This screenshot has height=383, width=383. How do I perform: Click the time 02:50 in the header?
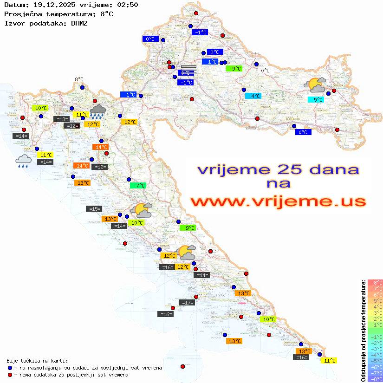(x=128, y=5)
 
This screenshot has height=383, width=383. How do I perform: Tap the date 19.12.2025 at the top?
(x=52, y=5)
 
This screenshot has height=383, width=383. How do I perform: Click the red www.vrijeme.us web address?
(x=278, y=201)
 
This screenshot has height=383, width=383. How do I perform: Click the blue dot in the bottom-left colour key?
(x=10, y=368)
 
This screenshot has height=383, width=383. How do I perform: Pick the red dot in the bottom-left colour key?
(x=10, y=375)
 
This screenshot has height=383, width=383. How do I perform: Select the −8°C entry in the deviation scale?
(x=375, y=379)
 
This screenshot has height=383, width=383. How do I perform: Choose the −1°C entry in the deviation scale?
(x=375, y=337)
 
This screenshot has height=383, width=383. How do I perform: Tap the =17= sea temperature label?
(x=187, y=303)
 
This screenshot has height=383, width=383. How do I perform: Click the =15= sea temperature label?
(x=94, y=209)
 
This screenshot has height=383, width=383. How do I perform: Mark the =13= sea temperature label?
(x=62, y=119)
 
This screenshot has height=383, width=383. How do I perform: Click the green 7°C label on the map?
(x=138, y=186)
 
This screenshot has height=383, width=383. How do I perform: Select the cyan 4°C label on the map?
(x=253, y=96)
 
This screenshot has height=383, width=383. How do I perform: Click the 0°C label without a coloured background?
(x=265, y=71)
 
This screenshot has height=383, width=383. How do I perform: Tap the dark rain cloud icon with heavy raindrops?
(x=97, y=110)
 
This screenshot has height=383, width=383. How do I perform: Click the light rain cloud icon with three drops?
(x=23, y=161)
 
